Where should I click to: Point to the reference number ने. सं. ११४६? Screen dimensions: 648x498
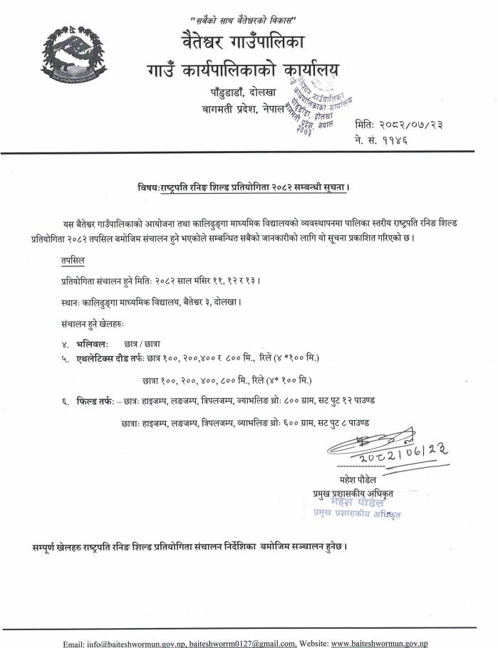pos(380,140)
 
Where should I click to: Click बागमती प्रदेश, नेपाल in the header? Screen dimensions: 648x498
pos(243,108)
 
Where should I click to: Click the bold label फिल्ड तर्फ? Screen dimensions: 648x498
pos(96,402)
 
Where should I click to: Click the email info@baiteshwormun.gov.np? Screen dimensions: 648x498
pos(124,643)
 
